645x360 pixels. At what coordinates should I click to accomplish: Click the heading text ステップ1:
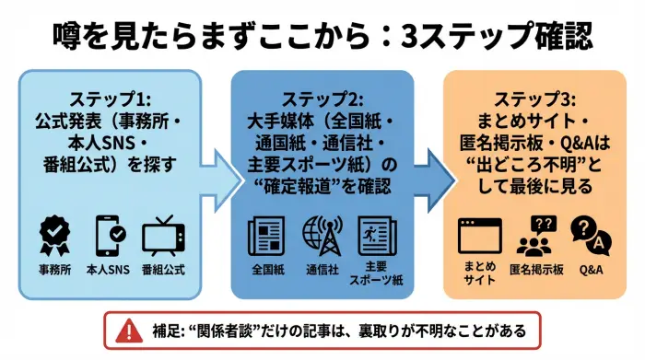pos(110,99)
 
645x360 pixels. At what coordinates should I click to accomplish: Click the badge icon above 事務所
pos(56,237)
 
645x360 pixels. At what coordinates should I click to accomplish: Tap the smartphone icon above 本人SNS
pos(110,237)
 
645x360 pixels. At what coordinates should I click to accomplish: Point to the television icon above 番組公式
pos(164,237)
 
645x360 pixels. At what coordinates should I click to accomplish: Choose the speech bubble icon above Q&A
pos(590,236)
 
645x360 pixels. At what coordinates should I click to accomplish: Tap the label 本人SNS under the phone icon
pos(110,271)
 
